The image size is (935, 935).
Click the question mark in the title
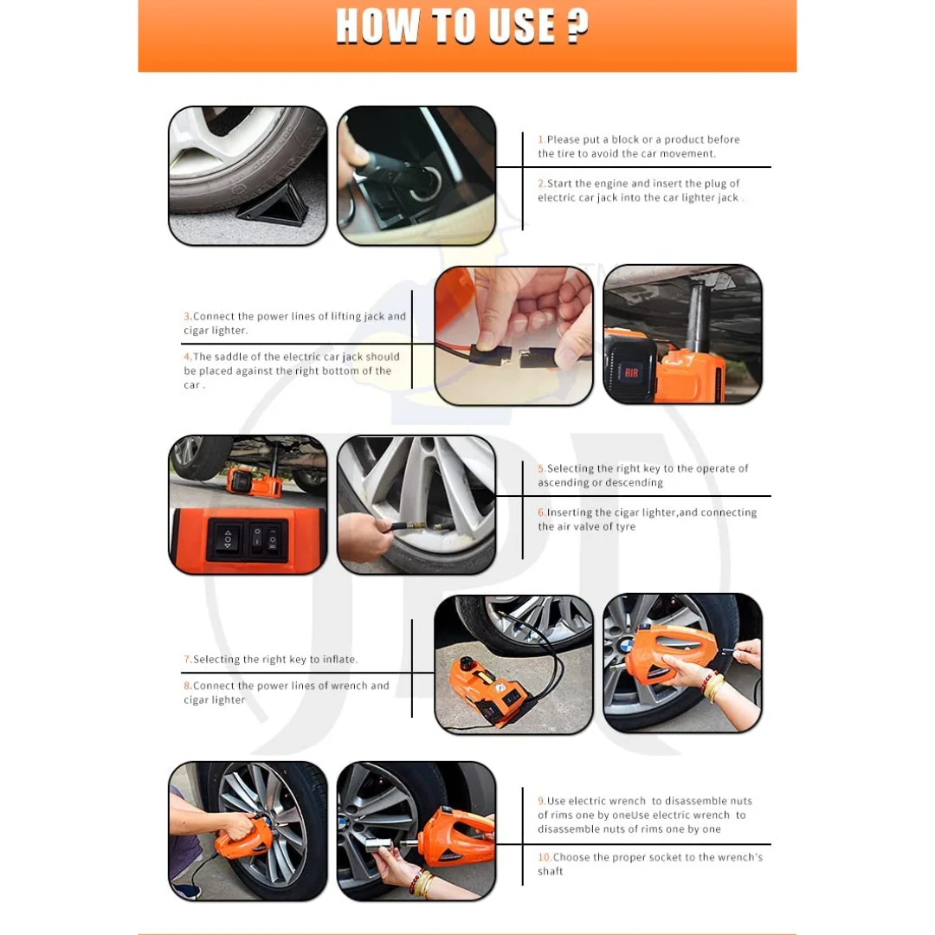coord(577,27)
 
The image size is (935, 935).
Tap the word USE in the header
coord(521,27)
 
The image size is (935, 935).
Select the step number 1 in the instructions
coord(541,139)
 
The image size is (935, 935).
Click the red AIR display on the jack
coord(631,373)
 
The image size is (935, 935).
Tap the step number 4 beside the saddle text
coord(188,357)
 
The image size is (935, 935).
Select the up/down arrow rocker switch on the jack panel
coord(227,539)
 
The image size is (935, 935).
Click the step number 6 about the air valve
coord(541,513)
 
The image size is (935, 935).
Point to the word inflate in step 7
coord(339,660)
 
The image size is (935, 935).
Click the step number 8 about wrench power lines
coord(188,686)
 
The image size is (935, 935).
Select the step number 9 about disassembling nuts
coord(541,801)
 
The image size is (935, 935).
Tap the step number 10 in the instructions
coord(544,857)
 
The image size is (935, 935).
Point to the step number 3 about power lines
coord(188,317)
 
